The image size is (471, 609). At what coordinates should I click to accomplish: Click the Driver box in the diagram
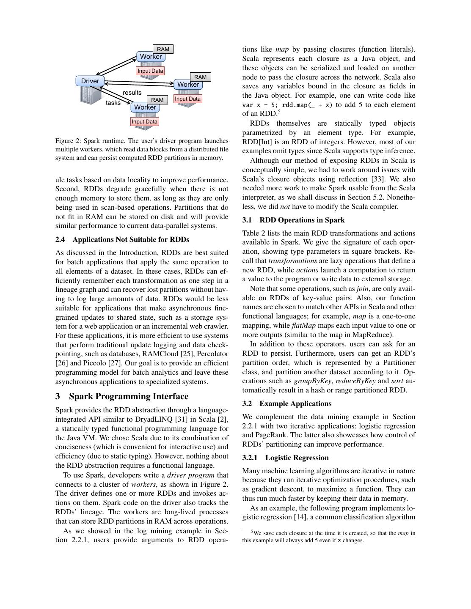click(x=90, y=81)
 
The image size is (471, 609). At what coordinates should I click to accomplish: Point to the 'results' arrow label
click(x=132, y=93)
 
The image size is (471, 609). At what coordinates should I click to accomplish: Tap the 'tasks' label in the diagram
click(x=113, y=103)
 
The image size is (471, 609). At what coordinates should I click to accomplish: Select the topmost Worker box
click(x=151, y=57)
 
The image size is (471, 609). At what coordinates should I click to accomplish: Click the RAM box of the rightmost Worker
click(x=200, y=77)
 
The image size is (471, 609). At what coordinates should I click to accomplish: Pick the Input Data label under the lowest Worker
click(x=144, y=122)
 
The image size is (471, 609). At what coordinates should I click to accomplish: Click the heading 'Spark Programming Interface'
click(x=129, y=396)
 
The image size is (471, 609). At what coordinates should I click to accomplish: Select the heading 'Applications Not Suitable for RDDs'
click(x=131, y=239)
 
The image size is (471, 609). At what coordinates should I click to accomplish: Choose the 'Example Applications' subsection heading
click(x=295, y=403)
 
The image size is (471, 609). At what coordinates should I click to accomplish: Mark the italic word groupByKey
click(x=312, y=381)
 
